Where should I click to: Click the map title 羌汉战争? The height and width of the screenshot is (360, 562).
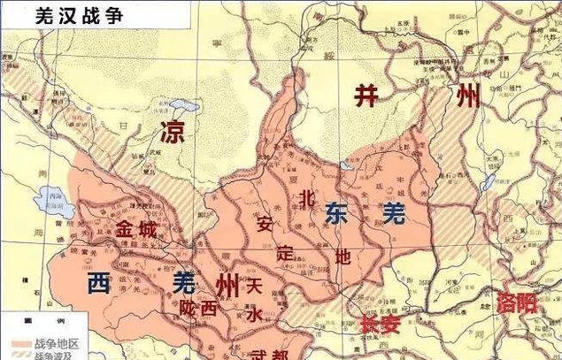(65, 16)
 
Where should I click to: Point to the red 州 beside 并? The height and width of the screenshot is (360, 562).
(466, 96)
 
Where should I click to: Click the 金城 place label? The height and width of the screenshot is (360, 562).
(137, 229)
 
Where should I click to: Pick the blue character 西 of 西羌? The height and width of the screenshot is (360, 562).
(99, 283)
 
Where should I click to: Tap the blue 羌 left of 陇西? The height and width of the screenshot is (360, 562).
(185, 283)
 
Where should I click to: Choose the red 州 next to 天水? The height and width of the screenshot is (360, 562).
(226, 285)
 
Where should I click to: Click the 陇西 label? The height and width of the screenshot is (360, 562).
(200, 309)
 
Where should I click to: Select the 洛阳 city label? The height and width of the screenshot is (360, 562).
(517, 303)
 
